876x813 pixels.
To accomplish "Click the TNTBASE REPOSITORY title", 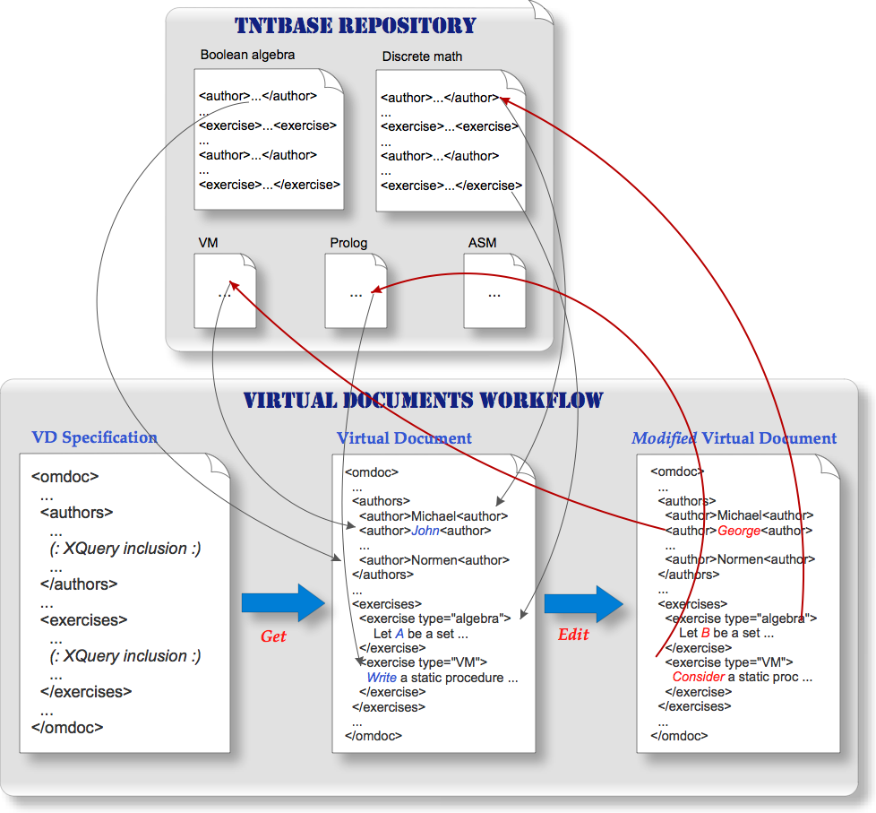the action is (356, 26).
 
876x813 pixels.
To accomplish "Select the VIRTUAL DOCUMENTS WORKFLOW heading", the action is (424, 401).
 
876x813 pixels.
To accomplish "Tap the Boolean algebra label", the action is (247, 55).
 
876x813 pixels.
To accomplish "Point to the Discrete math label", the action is (422, 56).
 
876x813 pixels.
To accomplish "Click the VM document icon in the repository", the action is (225, 290).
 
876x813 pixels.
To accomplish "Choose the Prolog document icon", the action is (356, 290).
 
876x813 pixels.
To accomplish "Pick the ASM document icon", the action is (494, 290).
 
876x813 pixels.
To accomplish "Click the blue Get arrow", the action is (283, 602).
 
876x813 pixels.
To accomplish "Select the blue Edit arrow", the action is (584, 604).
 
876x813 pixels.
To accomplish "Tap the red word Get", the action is (273, 636).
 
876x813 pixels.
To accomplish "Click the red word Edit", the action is (573, 634).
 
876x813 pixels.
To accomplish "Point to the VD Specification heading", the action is (94, 437).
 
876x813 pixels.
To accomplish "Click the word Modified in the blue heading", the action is (664, 438).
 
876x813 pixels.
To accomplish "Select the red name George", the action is (739, 531).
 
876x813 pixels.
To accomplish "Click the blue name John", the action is (425, 531).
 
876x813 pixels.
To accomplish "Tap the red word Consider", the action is (699, 677).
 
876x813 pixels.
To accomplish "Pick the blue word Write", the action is (382, 678).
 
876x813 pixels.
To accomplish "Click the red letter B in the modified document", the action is (705, 633).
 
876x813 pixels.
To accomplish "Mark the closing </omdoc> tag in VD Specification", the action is (67, 728).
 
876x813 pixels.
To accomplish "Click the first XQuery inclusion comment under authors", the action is (125, 549).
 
